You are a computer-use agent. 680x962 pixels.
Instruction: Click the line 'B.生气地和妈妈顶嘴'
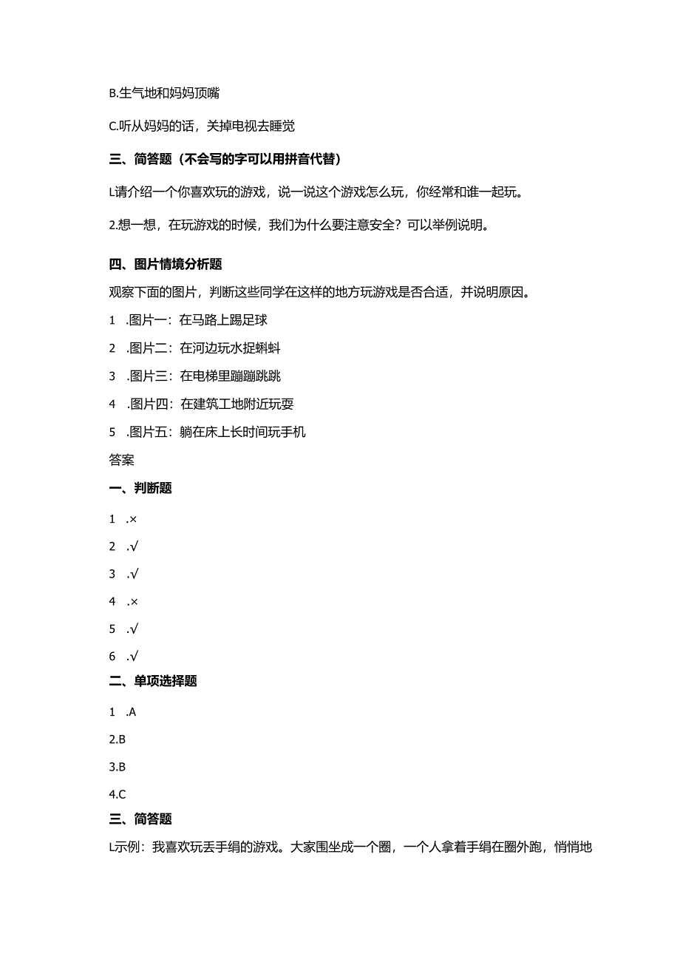pyautogui.click(x=163, y=93)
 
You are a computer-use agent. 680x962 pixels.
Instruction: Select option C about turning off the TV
pyautogui.click(x=201, y=126)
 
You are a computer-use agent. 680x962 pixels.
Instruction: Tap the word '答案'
pyautogui.click(x=121, y=460)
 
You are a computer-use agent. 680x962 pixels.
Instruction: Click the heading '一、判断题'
pyautogui.click(x=140, y=488)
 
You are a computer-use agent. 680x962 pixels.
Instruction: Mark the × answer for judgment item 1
pyautogui.click(x=133, y=519)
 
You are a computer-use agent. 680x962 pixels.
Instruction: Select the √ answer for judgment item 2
pyautogui.click(x=134, y=546)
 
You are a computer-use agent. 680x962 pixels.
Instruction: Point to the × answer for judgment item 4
pyautogui.click(x=133, y=602)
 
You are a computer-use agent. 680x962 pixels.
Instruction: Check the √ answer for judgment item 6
pyautogui.click(x=134, y=657)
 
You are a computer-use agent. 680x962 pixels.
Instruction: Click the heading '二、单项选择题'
pyautogui.click(x=153, y=682)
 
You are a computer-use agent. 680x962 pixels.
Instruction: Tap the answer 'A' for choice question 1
pyautogui.click(x=132, y=712)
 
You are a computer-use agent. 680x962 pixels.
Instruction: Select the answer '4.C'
pyautogui.click(x=118, y=795)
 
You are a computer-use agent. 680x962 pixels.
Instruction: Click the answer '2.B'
pyautogui.click(x=118, y=739)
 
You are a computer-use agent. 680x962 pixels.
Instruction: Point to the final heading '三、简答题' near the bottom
pyautogui.click(x=140, y=819)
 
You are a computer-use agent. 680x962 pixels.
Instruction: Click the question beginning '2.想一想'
pyautogui.click(x=299, y=226)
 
